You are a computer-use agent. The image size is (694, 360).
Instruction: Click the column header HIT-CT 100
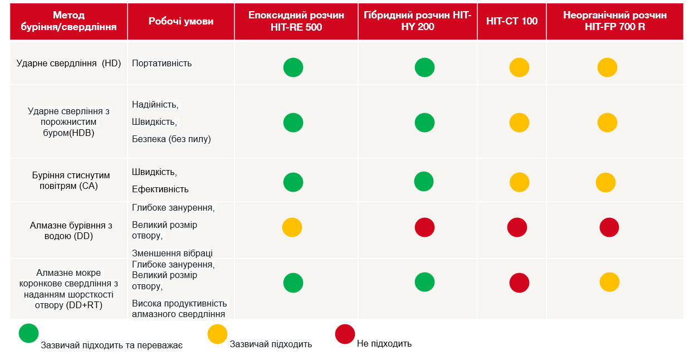[x=511, y=21]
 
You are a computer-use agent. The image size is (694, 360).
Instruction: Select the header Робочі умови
[x=181, y=21]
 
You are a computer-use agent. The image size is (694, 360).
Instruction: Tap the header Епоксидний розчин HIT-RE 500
[x=296, y=21]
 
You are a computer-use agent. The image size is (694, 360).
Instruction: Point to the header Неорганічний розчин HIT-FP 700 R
[x=615, y=21]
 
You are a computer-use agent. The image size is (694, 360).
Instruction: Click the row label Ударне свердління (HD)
[x=69, y=64]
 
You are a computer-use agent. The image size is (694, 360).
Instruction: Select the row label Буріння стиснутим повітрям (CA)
[x=71, y=181]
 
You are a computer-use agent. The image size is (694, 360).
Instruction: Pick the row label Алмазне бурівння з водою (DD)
[x=71, y=231]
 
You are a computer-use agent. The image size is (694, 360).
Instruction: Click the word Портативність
[x=162, y=64]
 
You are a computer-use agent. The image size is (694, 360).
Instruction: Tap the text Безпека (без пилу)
[x=172, y=139]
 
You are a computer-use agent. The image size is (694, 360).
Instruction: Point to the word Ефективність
[x=160, y=189]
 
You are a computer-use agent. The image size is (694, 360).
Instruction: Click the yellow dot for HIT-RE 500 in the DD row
[x=292, y=227]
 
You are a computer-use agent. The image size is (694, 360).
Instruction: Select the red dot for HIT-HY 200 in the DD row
[x=424, y=227]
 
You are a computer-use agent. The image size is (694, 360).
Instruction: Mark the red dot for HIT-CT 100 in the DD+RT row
[x=519, y=283]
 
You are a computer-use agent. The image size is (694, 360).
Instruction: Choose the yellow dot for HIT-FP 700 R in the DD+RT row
[x=609, y=282]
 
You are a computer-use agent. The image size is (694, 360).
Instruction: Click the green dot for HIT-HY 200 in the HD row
[x=424, y=67]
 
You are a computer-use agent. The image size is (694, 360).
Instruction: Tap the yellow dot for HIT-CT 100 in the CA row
[x=519, y=182]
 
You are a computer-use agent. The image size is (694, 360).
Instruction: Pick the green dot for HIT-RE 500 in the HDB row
[x=293, y=123]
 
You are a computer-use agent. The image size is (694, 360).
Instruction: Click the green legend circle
[x=28, y=333]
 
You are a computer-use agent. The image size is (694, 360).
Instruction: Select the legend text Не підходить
[x=384, y=344]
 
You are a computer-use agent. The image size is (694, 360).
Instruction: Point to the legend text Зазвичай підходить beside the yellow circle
[x=271, y=344]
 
